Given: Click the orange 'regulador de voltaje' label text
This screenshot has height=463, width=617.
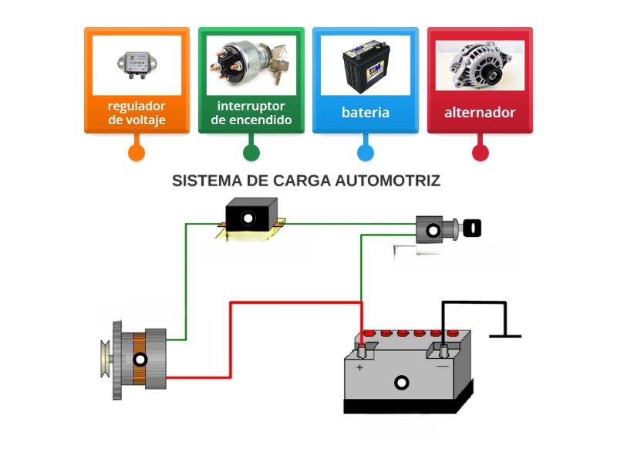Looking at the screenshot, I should (x=137, y=113).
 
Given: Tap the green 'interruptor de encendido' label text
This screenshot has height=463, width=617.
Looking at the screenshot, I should (x=251, y=113).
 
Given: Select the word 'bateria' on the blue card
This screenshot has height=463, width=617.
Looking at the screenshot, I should (x=366, y=113).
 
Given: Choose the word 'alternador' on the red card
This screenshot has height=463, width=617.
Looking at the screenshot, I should (x=480, y=113).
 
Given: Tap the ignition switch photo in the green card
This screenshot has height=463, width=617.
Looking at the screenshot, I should (x=251, y=65).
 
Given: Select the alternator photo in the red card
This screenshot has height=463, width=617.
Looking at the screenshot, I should (x=480, y=65).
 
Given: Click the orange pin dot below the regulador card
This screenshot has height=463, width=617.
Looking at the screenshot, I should (x=137, y=152).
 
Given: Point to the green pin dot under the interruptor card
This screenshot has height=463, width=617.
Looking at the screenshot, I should (x=251, y=152).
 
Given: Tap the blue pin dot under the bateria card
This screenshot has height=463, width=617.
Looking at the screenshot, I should (x=366, y=152).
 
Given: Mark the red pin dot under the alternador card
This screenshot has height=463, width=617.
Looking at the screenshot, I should (x=480, y=152).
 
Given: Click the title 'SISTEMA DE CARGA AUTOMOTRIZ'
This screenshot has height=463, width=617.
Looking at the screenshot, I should (x=306, y=181).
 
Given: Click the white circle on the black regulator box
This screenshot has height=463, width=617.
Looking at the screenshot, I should (x=248, y=218).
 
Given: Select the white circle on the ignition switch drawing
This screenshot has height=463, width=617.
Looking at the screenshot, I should (x=433, y=230).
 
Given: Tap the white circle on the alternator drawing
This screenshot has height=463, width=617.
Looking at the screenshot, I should (x=140, y=360).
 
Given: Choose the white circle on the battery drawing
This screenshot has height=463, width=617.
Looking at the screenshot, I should (x=401, y=382).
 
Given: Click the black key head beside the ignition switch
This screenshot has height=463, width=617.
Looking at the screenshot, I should (x=472, y=228).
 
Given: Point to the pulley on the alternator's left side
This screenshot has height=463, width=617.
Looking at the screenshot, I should (x=106, y=360).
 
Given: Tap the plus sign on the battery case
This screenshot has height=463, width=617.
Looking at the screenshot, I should (x=359, y=368).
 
